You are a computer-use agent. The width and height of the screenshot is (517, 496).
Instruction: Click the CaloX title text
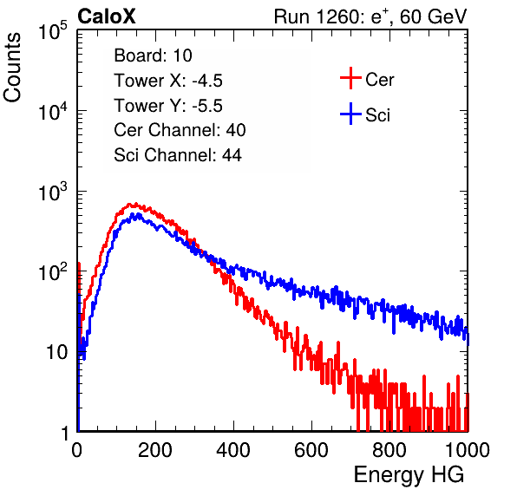pos(106,16)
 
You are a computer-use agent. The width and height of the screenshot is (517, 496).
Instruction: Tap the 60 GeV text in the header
pos(434,16)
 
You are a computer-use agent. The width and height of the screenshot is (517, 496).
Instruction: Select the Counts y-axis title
pos(12,68)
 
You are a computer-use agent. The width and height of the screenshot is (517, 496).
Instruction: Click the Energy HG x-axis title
pos(409,475)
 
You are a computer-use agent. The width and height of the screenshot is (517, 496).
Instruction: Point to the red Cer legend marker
pos(350,78)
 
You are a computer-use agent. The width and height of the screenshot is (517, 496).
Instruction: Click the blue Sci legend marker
pos(350,114)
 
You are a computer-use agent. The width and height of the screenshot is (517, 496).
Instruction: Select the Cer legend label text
pos(379,80)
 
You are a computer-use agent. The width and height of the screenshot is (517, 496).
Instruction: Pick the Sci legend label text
pos(378,115)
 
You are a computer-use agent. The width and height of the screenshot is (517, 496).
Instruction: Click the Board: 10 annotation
pos(153,55)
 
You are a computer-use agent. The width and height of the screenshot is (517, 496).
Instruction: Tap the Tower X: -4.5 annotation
pos(168,81)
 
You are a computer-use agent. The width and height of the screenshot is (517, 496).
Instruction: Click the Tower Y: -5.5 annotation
pos(168,106)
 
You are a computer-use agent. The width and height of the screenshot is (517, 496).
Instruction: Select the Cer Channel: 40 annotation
pos(180,130)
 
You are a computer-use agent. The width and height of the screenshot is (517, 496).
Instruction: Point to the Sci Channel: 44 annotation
pos(178,155)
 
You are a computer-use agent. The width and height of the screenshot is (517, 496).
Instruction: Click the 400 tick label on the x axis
pos(233,450)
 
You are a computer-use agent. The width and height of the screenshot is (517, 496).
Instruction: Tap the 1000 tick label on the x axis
pos(468,450)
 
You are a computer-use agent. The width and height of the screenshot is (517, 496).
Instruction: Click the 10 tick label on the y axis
pos(56,352)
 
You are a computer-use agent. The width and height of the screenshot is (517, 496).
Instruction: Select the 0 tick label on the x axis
pos(77,450)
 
